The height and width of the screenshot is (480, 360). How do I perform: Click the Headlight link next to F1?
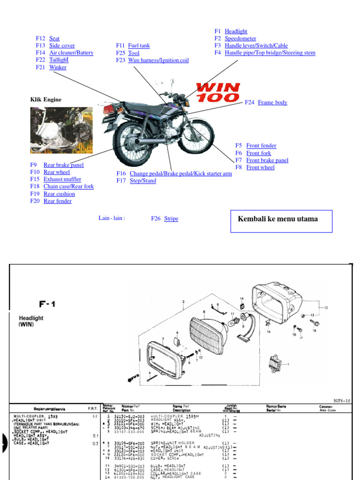[236, 31]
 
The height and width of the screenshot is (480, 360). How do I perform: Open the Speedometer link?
[240, 38]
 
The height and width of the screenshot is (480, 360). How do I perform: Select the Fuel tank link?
[139, 45]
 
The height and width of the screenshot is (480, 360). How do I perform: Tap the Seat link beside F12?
[54, 38]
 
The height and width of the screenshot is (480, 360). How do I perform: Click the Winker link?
[58, 67]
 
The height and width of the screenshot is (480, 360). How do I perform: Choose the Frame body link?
[272, 102]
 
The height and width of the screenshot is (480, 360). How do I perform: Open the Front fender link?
[261, 146]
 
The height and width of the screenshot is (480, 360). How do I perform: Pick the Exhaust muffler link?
[62, 179]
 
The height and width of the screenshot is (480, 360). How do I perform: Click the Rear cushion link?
[59, 194]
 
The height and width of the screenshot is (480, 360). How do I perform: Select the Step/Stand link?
[143, 180]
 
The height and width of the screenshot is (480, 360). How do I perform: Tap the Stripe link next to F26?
[171, 218]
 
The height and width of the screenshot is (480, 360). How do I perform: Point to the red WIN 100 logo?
[218, 92]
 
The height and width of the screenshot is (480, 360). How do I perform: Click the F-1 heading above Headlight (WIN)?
[47, 304]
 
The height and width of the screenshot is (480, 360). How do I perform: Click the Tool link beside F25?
[134, 53]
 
